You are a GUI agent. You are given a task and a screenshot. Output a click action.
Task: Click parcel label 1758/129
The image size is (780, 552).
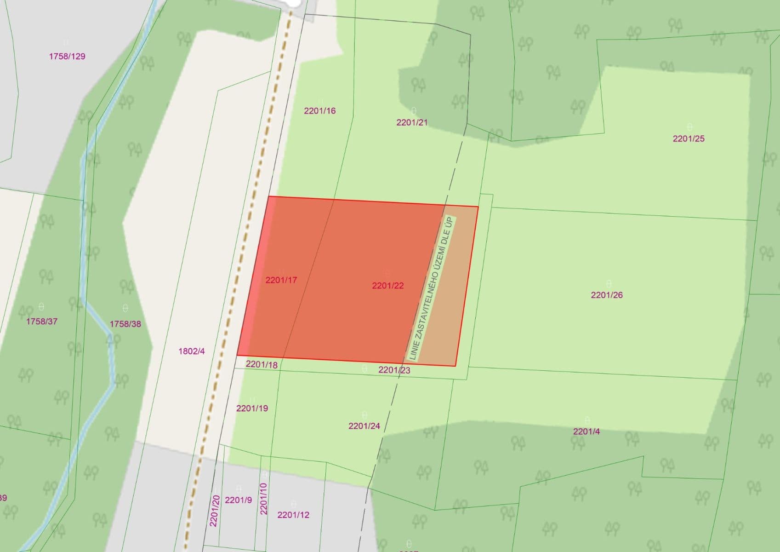point(67,57)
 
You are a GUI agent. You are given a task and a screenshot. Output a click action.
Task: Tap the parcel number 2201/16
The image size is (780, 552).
point(320,111)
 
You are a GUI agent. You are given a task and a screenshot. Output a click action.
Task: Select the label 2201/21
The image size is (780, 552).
point(412,122)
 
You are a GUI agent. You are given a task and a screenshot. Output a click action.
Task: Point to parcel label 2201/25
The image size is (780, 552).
point(688,138)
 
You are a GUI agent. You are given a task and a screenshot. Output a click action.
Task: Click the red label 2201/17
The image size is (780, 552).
point(281,280)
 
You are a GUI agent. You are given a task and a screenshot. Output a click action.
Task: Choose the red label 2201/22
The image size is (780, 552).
point(388,286)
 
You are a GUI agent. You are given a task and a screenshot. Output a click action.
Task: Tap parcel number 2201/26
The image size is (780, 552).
point(607,295)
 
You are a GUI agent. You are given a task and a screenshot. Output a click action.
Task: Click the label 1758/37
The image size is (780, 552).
point(42,322)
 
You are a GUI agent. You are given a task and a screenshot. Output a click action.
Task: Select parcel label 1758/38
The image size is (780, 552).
point(125,324)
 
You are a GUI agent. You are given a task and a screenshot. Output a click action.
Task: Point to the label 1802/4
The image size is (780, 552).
point(192,351)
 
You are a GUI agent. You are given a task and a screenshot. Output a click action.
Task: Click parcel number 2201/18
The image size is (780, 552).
point(262,365)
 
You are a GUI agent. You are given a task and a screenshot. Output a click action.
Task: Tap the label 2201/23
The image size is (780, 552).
point(394,370)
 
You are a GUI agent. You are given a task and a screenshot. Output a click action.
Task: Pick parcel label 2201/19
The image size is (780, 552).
point(252,408)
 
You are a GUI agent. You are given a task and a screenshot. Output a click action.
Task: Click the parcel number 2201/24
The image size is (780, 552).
point(364,426)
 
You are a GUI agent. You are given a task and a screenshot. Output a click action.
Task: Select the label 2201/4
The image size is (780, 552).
point(586,431)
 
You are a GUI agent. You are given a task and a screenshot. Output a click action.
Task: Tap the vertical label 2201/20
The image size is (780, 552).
point(214,511)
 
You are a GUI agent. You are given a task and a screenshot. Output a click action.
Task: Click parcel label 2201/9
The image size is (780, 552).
point(238,500)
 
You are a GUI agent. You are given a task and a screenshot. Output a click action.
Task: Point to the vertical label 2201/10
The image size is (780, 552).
point(263,499)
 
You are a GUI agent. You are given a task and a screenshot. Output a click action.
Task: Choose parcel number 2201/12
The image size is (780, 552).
point(293,515)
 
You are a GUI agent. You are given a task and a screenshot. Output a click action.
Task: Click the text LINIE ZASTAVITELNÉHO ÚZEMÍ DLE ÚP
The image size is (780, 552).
point(431,288)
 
